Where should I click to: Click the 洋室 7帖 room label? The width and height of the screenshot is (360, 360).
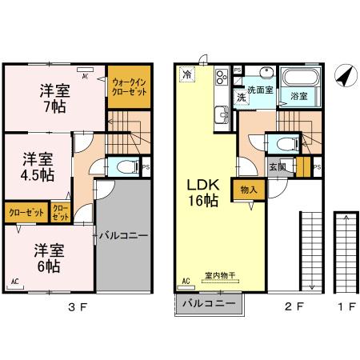[x=54, y=98]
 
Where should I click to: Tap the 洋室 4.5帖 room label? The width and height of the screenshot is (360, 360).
[x=38, y=166]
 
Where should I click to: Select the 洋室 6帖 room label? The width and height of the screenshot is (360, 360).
[x=47, y=257]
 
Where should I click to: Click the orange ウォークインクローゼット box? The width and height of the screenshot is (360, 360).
[x=129, y=86]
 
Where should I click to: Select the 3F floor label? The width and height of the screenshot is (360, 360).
[x=75, y=305]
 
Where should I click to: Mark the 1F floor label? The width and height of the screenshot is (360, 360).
[x=345, y=305]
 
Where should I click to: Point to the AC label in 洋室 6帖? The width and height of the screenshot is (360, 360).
[x=15, y=282]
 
